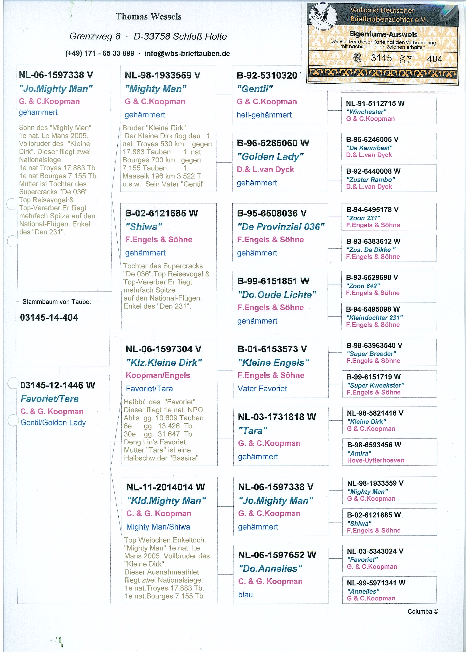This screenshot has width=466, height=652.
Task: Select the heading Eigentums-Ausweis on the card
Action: coord(383,34)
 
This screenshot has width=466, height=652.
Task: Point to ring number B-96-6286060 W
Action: coord(273,143)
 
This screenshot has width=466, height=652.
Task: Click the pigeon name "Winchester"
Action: coord(366,112)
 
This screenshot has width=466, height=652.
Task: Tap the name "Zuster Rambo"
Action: coord(370,180)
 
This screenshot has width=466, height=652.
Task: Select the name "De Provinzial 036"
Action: coord(281,227)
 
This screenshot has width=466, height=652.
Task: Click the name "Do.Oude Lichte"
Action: coord(277,295)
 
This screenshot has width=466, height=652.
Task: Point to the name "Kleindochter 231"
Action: coord(374,317)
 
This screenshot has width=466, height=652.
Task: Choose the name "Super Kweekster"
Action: coord(375,385)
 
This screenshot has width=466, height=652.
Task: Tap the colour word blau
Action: coord(245,595)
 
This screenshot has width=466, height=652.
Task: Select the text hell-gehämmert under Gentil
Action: coord(264,115)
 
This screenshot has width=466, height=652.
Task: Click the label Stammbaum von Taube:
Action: coord(57,302)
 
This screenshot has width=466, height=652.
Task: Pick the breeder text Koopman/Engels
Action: coord(158,376)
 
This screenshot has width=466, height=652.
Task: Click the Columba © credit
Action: coord(423,611)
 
